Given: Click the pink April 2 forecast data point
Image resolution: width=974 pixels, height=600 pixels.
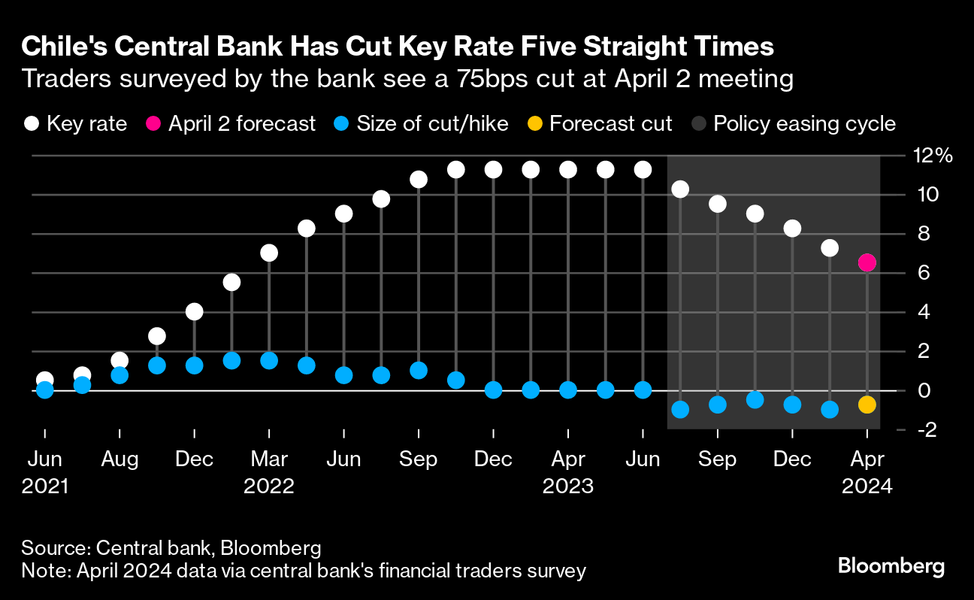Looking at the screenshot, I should (867, 262).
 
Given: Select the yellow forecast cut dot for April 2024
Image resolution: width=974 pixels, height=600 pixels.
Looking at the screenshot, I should (867, 405).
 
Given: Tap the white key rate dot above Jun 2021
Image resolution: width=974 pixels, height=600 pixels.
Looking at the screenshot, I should (45, 380).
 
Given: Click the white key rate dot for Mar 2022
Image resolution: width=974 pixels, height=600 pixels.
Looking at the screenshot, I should (269, 253).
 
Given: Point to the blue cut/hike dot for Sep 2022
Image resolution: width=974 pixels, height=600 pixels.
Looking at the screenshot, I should (419, 370).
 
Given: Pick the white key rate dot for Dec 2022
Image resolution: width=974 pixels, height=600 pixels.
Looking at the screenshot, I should (493, 170).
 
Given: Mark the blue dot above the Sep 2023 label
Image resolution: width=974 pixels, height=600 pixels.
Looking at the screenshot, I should (718, 405).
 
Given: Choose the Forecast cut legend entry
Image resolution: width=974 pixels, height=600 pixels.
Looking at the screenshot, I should (600, 123).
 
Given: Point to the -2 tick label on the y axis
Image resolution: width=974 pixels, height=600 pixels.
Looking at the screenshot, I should (927, 429).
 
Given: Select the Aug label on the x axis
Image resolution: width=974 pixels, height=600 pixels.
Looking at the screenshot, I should (119, 459).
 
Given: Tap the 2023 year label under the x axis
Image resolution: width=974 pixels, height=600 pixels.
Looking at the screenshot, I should (568, 486).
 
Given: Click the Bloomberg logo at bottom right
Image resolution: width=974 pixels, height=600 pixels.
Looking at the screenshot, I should (891, 565).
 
